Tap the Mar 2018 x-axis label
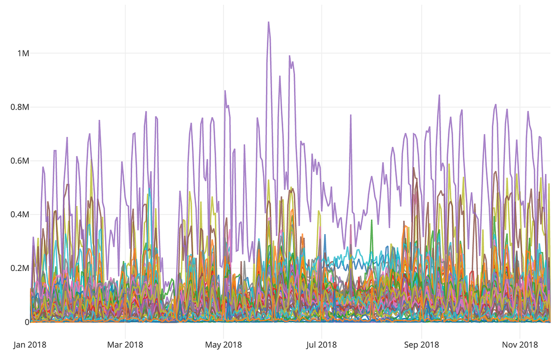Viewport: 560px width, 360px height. coord(126,345)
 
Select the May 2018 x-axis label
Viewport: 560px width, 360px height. coord(224,345)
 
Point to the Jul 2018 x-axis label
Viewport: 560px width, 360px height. coord(322,345)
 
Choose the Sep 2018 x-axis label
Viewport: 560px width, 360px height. coord(421,345)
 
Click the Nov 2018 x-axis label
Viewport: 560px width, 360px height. coord(520,345)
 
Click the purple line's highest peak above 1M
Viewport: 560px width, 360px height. coord(268,22)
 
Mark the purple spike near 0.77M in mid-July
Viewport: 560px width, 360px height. coord(351,115)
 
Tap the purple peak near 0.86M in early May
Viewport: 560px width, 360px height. coord(225,91)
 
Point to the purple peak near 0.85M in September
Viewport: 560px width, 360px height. coord(439,95)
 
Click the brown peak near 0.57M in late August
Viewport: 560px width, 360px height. coord(414,168)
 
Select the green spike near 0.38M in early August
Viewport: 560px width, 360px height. coord(371,220)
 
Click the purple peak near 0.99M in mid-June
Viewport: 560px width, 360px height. coord(289,56)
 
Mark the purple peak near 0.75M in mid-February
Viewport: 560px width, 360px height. coord(99,120)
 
